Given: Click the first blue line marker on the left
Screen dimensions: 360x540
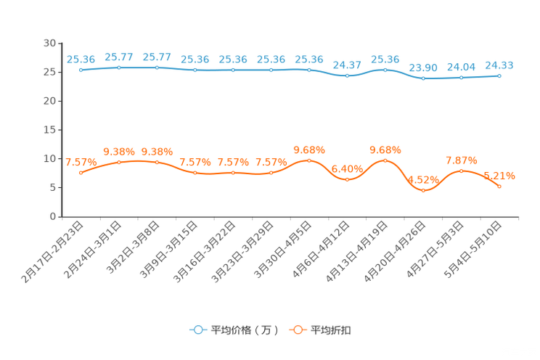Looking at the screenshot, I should (x=81, y=70).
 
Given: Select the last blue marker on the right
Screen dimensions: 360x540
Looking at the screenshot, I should (x=499, y=75).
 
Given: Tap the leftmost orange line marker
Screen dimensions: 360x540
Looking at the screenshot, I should (x=81, y=172).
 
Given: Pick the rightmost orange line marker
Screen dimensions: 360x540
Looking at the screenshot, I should (x=499, y=187).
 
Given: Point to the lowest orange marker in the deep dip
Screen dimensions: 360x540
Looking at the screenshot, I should (x=423, y=191).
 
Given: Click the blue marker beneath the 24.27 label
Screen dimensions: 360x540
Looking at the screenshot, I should (x=347, y=75).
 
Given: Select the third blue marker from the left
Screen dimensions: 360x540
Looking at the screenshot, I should (x=157, y=67).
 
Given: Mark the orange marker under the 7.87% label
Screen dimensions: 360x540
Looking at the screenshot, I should (x=461, y=171).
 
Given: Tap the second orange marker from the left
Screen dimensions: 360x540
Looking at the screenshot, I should (x=118, y=162).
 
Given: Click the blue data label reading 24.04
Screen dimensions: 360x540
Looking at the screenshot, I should (x=461, y=66).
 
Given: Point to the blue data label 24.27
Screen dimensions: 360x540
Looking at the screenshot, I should (x=347, y=64).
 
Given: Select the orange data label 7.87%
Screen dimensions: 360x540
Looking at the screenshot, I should (x=461, y=160).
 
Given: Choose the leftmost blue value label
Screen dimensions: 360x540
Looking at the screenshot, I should (x=81, y=59).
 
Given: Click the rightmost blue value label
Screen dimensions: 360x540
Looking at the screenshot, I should (x=499, y=65).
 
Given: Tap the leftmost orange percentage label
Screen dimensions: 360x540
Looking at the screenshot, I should (x=81, y=161).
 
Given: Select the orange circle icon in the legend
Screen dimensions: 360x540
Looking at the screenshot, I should (x=297, y=330).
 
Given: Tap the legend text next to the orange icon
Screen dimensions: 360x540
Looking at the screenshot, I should (x=331, y=330).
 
